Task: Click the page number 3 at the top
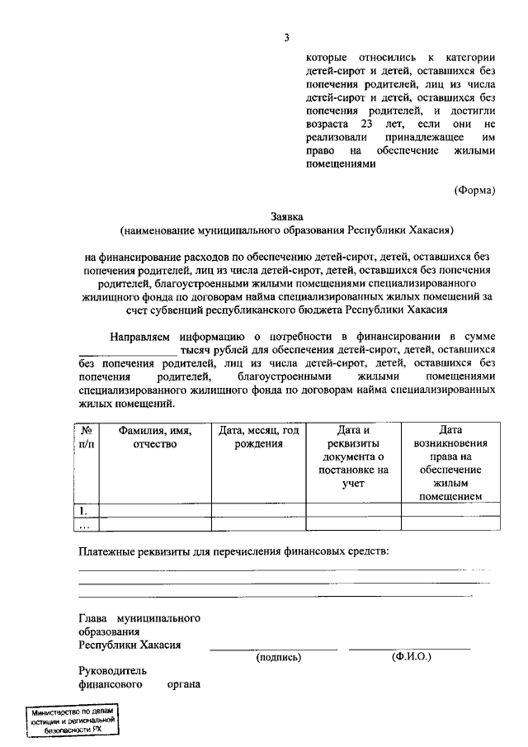click(x=286, y=37)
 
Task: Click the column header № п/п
click(x=87, y=437)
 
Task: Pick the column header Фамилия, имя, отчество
click(x=154, y=437)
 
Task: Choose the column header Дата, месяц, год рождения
click(x=258, y=437)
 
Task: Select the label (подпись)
click(x=279, y=658)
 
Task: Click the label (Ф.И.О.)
click(x=410, y=658)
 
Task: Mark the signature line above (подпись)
click(x=273, y=650)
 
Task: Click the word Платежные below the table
click(x=109, y=550)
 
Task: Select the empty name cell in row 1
click(x=154, y=509)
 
